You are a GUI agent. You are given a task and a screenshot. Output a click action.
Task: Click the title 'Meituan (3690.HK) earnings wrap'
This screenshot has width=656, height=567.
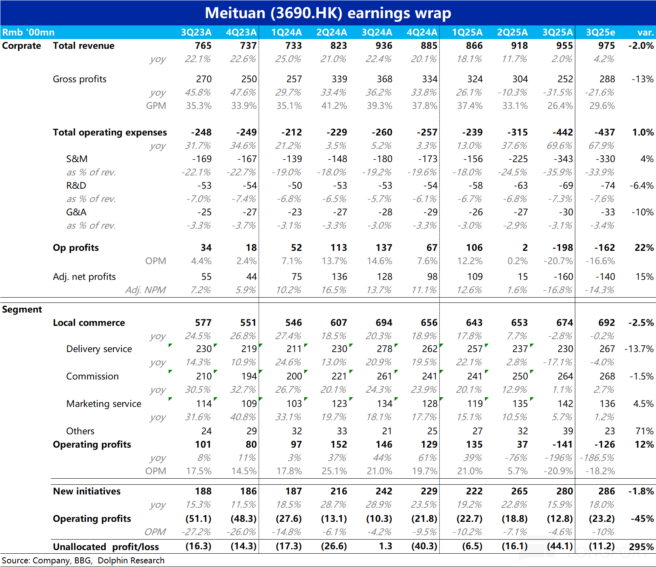[328, 13]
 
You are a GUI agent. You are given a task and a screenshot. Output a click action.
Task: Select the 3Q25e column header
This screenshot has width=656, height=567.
[600, 32]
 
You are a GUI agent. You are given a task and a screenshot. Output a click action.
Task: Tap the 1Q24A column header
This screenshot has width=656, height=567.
[286, 32]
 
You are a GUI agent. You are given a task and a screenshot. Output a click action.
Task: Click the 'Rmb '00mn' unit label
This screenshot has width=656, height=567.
[28, 32]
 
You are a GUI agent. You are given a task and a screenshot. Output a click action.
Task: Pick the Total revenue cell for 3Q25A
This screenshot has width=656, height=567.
[564, 46]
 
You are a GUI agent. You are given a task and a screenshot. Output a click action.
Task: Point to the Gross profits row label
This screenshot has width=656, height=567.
[79, 79]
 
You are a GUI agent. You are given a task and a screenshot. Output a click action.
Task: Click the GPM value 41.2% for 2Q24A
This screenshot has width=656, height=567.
[334, 106]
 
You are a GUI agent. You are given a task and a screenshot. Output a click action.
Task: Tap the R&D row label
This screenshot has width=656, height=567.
[76, 186]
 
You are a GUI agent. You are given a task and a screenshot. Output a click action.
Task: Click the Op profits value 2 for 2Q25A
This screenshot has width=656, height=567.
[525, 248]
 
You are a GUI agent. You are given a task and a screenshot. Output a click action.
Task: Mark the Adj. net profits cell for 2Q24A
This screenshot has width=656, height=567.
[339, 277]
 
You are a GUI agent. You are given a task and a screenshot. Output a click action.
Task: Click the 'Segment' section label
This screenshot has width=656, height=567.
[22, 309]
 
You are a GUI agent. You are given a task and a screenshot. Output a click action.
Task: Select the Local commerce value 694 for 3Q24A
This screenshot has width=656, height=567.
[384, 323]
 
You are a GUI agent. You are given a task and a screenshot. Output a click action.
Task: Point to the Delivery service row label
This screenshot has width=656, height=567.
[99, 349]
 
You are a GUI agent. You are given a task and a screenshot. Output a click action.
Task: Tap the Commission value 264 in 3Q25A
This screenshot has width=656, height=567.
[565, 376]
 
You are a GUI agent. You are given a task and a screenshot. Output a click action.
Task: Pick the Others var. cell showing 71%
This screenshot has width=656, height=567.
[644, 431]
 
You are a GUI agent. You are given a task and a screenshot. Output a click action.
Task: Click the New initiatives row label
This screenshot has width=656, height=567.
[87, 491]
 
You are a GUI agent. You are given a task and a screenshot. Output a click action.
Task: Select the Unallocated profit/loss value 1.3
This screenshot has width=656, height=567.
[386, 546]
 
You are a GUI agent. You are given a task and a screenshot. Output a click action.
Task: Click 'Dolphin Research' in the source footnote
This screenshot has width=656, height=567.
[131, 561]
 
